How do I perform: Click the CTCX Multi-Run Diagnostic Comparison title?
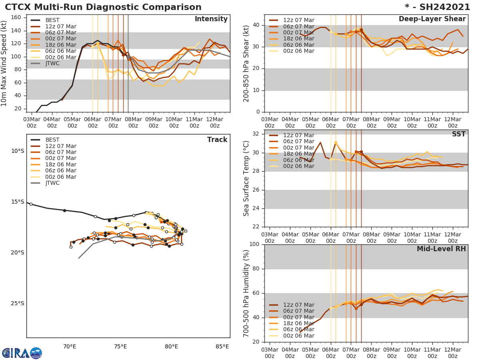pyautogui.click(x=103, y=7)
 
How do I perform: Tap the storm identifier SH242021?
pyautogui.click(x=437, y=7)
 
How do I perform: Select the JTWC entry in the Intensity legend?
pyautogui.click(x=52, y=63)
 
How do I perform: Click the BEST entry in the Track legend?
pyautogui.click(x=52, y=140)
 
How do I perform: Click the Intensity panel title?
pyautogui.click(x=211, y=19)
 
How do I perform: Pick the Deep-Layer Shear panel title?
pyautogui.click(x=432, y=19)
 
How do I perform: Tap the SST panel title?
pyautogui.click(x=458, y=134)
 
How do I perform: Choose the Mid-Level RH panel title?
pyautogui.click(x=441, y=249)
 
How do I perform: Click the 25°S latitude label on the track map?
pyautogui.click(x=18, y=303)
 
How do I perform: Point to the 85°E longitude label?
pyautogui.click(x=222, y=346)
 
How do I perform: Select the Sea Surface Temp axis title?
pyautogui.click(x=246, y=178)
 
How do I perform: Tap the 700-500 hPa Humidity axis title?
pyautogui.click(x=246, y=293)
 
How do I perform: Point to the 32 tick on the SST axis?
pyautogui.click(x=256, y=134)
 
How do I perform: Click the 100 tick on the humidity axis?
pyautogui.click(x=255, y=244)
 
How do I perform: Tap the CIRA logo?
pyautogui.click(x=22, y=353)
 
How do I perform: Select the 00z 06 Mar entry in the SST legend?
pyautogui.click(x=298, y=166)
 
